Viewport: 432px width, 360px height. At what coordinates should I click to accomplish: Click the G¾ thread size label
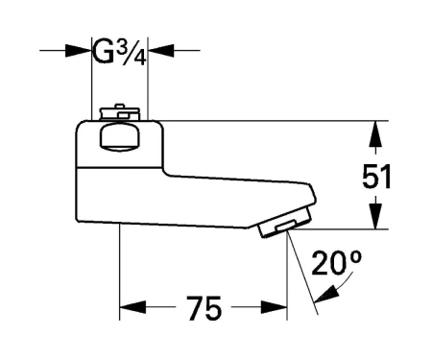(x=120, y=53)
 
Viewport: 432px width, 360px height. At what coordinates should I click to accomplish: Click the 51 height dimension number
(x=376, y=177)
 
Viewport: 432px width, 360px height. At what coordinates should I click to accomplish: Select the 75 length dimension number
(x=204, y=308)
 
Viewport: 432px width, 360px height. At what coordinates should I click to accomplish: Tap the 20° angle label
(x=336, y=263)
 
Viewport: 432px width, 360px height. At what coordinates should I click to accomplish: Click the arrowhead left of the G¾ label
(x=78, y=51)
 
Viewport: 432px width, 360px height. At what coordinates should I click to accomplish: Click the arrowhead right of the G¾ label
(x=161, y=51)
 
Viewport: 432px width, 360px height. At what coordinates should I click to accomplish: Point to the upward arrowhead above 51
(x=376, y=133)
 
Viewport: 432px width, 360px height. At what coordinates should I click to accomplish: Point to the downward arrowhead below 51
(x=376, y=216)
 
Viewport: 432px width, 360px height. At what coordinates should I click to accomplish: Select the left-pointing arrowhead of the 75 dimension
(x=132, y=307)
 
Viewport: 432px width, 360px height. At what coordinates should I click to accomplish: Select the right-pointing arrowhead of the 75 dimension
(x=274, y=307)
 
